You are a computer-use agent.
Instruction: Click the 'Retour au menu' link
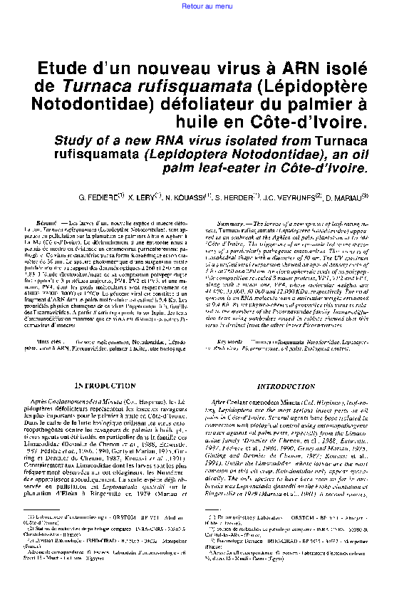point(207,6)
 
